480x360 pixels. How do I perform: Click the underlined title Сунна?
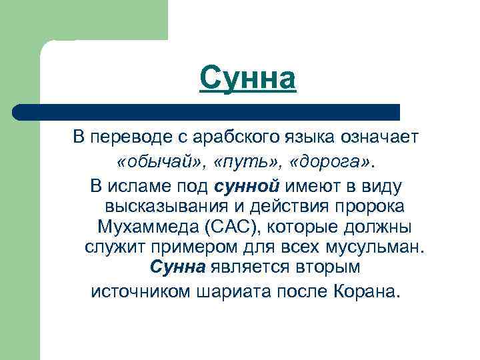tap(247, 79)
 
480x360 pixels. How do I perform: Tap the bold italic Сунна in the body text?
tap(177, 269)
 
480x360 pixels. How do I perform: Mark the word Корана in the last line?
tap(366, 291)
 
